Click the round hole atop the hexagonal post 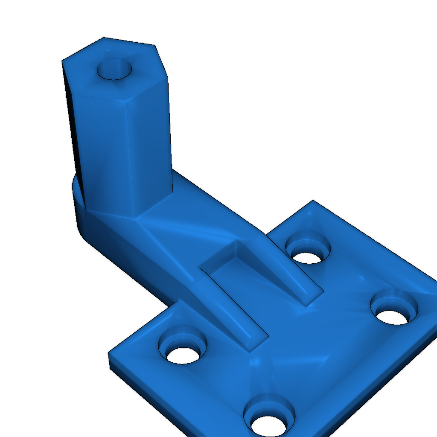114,69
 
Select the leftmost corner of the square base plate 110,354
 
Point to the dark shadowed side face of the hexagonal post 71,128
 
